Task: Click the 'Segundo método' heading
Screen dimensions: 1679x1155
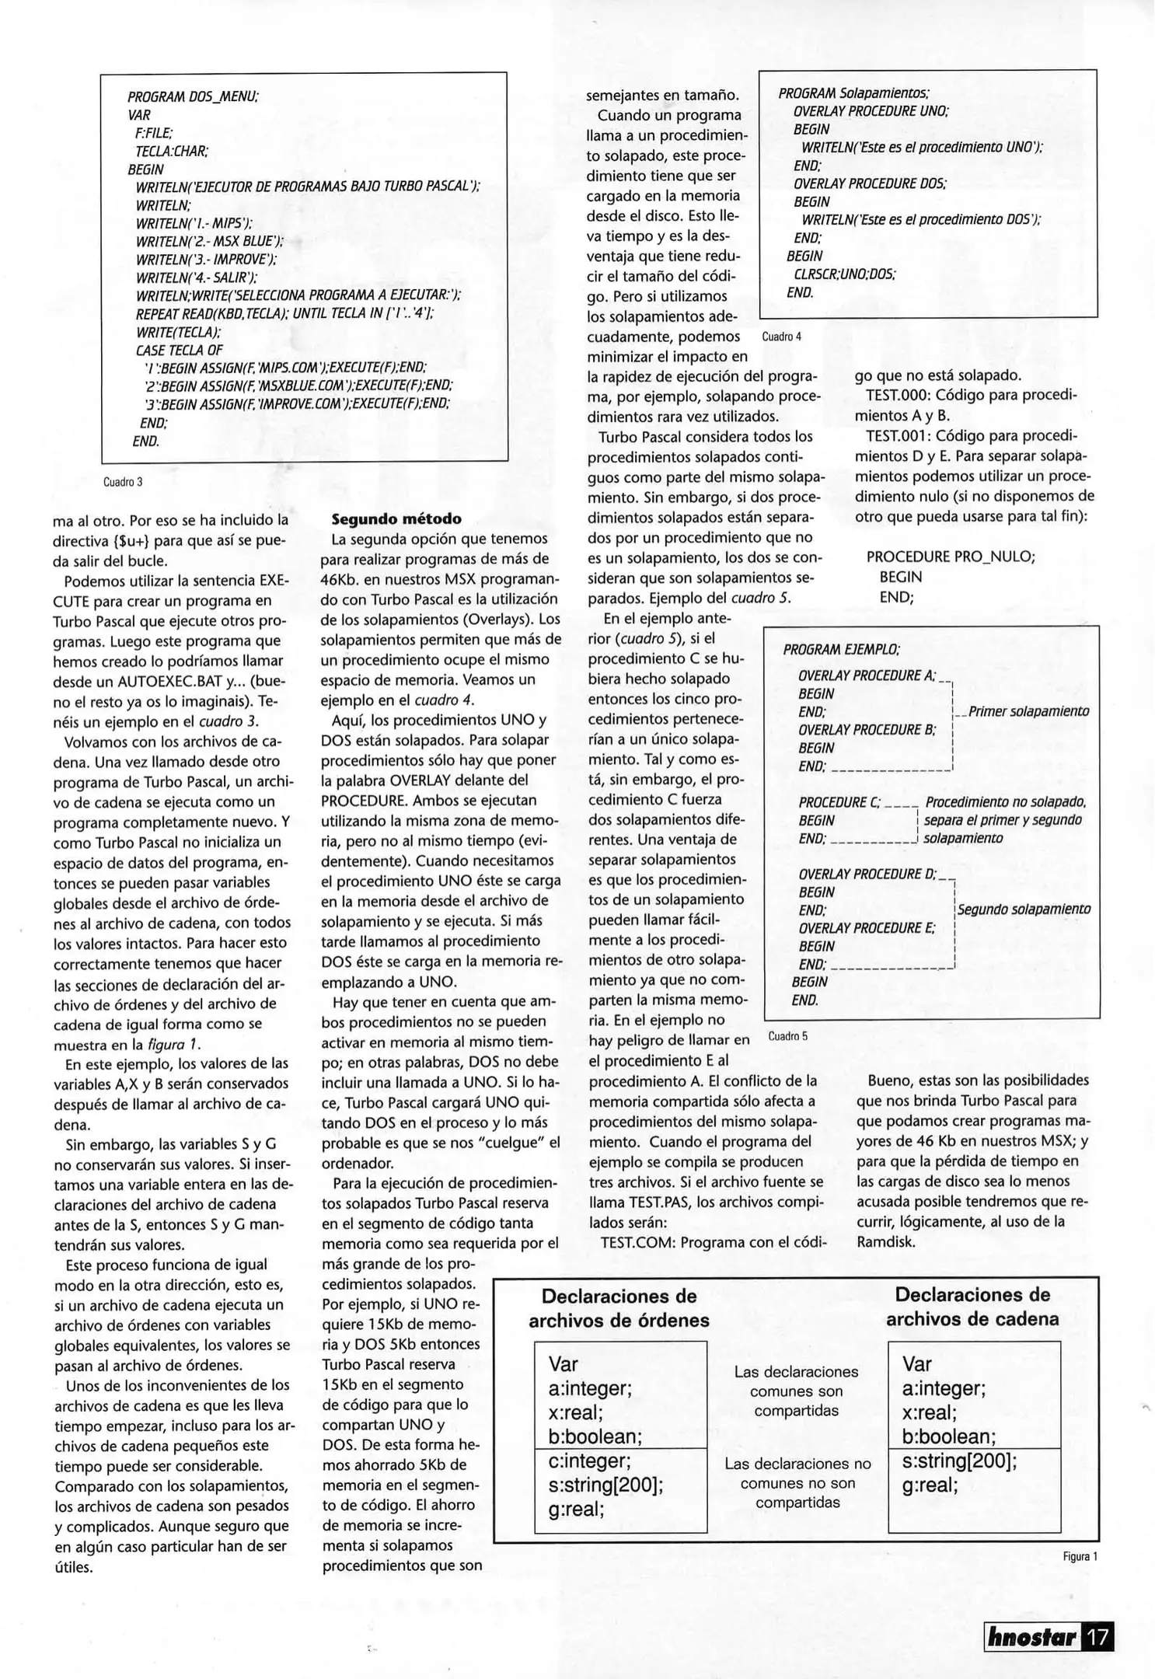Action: pyautogui.click(x=396, y=518)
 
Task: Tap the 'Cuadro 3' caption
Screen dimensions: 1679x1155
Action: pyautogui.click(x=123, y=482)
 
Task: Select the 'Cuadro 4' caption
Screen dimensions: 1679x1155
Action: pyautogui.click(x=781, y=337)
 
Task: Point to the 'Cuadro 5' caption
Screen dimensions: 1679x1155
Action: pyautogui.click(x=787, y=1036)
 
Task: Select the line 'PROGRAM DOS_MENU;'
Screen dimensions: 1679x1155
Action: pyautogui.click(x=193, y=97)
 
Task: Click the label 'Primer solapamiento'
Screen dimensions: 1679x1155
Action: pyautogui.click(x=1028, y=711)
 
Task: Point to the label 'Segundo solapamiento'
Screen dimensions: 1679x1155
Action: pyautogui.click(x=1024, y=909)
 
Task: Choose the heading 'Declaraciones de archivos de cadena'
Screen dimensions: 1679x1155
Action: pyautogui.click(x=972, y=1307)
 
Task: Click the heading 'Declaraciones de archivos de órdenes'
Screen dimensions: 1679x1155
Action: pyautogui.click(x=619, y=1308)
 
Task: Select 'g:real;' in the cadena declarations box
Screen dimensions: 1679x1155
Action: pyautogui.click(x=930, y=1485)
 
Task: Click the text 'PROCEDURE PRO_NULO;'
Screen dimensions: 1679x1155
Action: pyautogui.click(x=951, y=557)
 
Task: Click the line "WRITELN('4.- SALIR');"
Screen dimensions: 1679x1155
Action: pyautogui.click(x=197, y=278)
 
